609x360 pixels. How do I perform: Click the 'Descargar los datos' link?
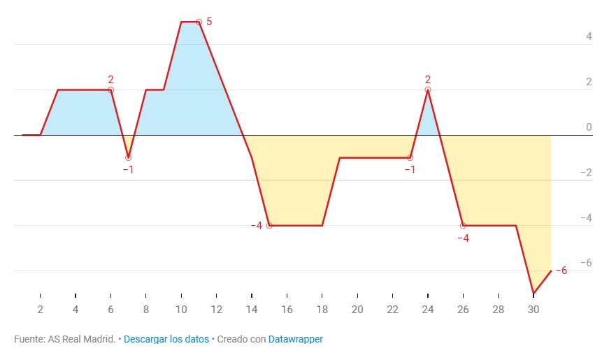coord(166,339)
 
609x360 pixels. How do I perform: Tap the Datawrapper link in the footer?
coord(296,339)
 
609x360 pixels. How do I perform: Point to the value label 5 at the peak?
coord(209,22)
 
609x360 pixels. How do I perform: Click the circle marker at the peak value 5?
coord(199,22)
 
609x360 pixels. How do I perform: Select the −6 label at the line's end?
coord(561,271)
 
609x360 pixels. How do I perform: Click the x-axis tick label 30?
coord(533,310)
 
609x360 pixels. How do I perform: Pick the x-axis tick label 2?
coord(41,310)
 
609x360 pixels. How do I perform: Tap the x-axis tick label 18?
coord(322,310)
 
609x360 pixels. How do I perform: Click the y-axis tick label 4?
coord(589,36)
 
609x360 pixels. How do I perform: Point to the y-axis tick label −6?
coord(587,263)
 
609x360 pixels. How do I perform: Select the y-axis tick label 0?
coord(589,127)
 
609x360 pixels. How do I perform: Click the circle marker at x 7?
coord(128,157)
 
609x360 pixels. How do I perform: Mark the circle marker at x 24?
coord(428,90)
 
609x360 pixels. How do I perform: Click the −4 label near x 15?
coord(256,225)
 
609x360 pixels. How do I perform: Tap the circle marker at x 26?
coord(463,225)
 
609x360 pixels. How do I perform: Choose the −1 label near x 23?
coord(410,170)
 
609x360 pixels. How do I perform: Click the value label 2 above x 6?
coord(110,80)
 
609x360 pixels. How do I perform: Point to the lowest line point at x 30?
coord(533,293)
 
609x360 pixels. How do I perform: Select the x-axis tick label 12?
coord(216,310)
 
